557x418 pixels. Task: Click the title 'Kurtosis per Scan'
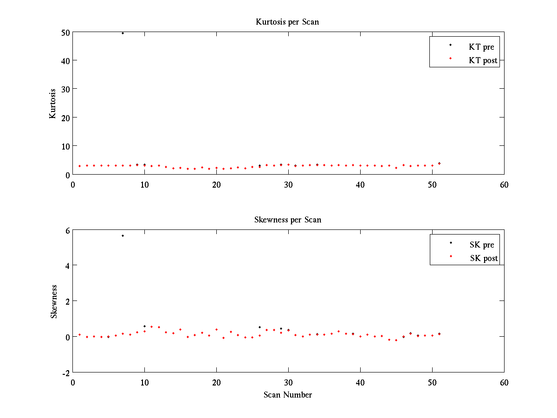pyautogui.click(x=287, y=22)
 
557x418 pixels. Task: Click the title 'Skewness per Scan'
pyautogui.click(x=287, y=220)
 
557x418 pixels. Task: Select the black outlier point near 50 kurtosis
pyautogui.click(x=123, y=33)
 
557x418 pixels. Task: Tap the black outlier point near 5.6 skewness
pyautogui.click(x=123, y=235)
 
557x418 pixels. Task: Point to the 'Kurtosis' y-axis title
pyautogui.click(x=53, y=103)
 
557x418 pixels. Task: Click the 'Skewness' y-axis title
pyautogui.click(x=54, y=301)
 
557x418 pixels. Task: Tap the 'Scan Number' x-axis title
pyautogui.click(x=288, y=395)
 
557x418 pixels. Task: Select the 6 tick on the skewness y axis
pyautogui.click(x=67, y=230)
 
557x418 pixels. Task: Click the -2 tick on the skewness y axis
pyautogui.click(x=65, y=372)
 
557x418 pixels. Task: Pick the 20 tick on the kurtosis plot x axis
pyautogui.click(x=216, y=184)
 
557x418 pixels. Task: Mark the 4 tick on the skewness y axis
pyautogui.click(x=67, y=266)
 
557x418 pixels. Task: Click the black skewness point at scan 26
pyautogui.click(x=259, y=327)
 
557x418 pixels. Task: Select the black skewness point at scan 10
pyautogui.click(x=144, y=326)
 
